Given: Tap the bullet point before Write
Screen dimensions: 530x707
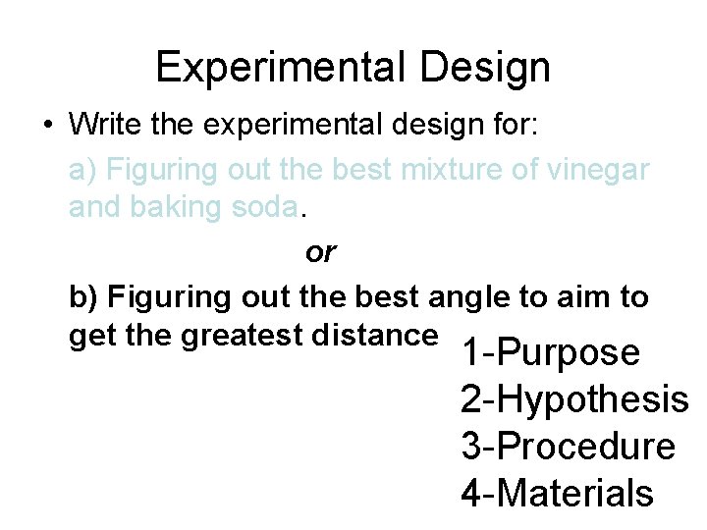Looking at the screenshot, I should click(x=47, y=127).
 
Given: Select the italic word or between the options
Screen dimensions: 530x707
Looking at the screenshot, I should click(x=320, y=252).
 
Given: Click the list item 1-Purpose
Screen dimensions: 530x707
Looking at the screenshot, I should click(x=550, y=353).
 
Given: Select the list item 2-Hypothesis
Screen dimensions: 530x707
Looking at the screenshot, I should click(x=574, y=400).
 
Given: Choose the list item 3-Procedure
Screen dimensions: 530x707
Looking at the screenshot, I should click(x=568, y=448).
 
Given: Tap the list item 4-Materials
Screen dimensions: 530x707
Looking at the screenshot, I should click(x=557, y=494).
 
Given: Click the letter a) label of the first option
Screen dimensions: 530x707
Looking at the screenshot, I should click(x=83, y=171).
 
